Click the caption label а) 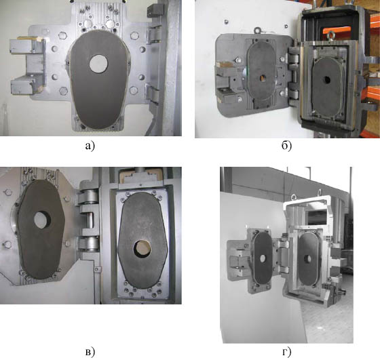point(90,146)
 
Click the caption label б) point(286,146)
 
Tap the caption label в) point(90,353)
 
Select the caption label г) point(287,353)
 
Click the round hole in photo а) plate point(98,64)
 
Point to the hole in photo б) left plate point(263,78)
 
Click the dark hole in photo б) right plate point(327,79)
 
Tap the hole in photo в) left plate point(42,220)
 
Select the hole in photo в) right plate point(142,249)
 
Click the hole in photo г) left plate point(263,258)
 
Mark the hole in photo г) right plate point(308,259)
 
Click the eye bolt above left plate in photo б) point(256,31)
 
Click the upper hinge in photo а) point(154,35)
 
